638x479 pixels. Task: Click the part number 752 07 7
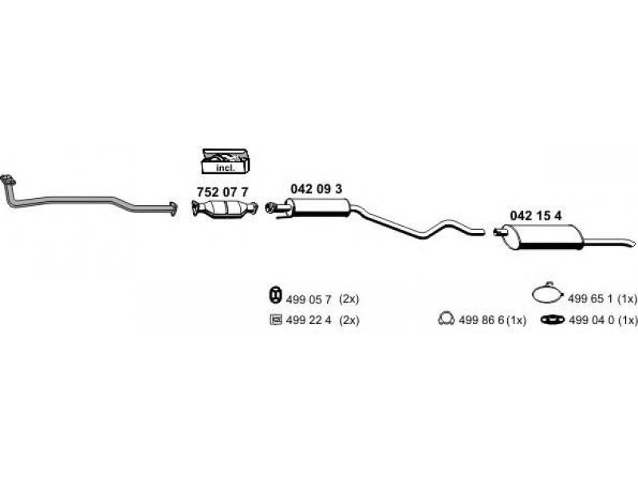coord(223,192)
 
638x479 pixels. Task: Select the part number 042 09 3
coord(316,188)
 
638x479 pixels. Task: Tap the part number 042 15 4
coord(535,216)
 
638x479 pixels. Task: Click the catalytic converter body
coord(225,208)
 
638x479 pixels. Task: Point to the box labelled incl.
coord(225,160)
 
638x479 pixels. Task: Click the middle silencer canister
coord(317,208)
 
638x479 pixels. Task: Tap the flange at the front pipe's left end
coord(8,180)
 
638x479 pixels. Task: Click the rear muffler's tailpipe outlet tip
coord(632,243)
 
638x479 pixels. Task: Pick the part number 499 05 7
coord(309,300)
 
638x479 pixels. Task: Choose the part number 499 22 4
coord(309,320)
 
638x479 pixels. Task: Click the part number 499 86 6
coord(482,320)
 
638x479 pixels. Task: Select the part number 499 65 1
coord(590,299)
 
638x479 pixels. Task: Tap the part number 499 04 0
coord(591,320)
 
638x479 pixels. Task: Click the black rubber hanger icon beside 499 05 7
coord(275,295)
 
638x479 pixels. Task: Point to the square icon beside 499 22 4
coord(275,320)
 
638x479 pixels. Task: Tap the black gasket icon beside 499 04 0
coord(553,320)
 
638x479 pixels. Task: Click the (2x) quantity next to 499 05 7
coord(349,299)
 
